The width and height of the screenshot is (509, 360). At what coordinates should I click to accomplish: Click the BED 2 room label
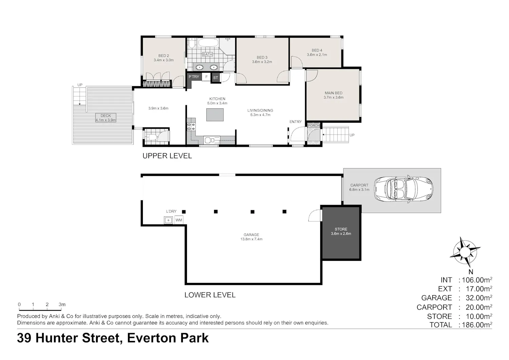coord(164,56)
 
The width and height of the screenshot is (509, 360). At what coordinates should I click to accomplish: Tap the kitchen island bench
coord(215,114)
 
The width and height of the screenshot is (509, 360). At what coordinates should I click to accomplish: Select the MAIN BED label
coord(333,93)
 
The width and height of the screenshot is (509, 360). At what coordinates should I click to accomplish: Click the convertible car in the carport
coord(403,190)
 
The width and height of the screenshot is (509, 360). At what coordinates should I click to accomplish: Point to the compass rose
coord(465,252)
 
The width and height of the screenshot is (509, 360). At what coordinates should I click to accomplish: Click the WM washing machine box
coord(179,220)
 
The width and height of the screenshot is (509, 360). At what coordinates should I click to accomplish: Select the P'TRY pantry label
coord(194,77)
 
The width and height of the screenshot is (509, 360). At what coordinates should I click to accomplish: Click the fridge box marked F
coord(206,77)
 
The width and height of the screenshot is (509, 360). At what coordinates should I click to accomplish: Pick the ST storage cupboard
coord(215,77)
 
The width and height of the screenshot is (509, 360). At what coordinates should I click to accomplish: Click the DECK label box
coord(106,118)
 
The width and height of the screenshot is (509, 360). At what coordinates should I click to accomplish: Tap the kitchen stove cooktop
coord(191,127)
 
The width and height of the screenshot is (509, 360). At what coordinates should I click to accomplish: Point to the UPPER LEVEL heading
coord(167,156)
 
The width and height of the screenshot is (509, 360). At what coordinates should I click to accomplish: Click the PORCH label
coord(314,126)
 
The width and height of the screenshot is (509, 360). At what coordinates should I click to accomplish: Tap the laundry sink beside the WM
coord(168,220)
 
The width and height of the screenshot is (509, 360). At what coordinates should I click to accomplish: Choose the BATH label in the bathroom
coord(207,54)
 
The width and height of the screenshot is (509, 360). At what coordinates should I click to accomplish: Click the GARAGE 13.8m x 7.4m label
coord(251,237)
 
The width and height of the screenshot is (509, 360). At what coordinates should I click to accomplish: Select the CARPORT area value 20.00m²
coord(479,307)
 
